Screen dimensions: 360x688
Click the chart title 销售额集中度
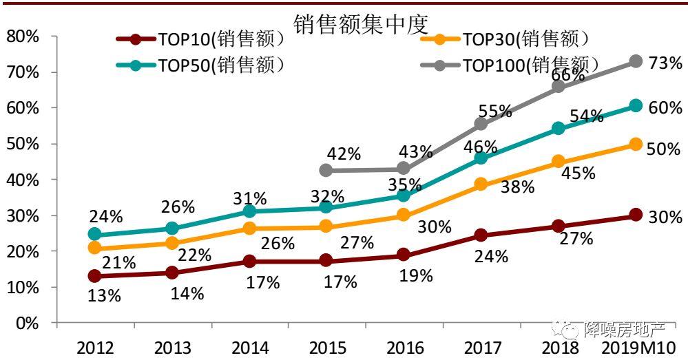coord(361,24)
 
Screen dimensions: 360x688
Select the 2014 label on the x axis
coord(249,348)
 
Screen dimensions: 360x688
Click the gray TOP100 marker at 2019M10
coord(636,62)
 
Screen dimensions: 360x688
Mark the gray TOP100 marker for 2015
coord(326,170)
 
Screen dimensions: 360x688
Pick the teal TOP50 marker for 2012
coord(95,235)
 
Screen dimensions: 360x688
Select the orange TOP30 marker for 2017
coord(481,184)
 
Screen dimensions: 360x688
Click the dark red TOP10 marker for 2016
coord(404,255)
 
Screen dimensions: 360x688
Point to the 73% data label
coord(665,63)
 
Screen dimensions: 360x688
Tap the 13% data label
coord(104,296)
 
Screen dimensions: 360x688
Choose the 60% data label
coord(665,107)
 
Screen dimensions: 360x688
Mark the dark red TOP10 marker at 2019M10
coord(636,215)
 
